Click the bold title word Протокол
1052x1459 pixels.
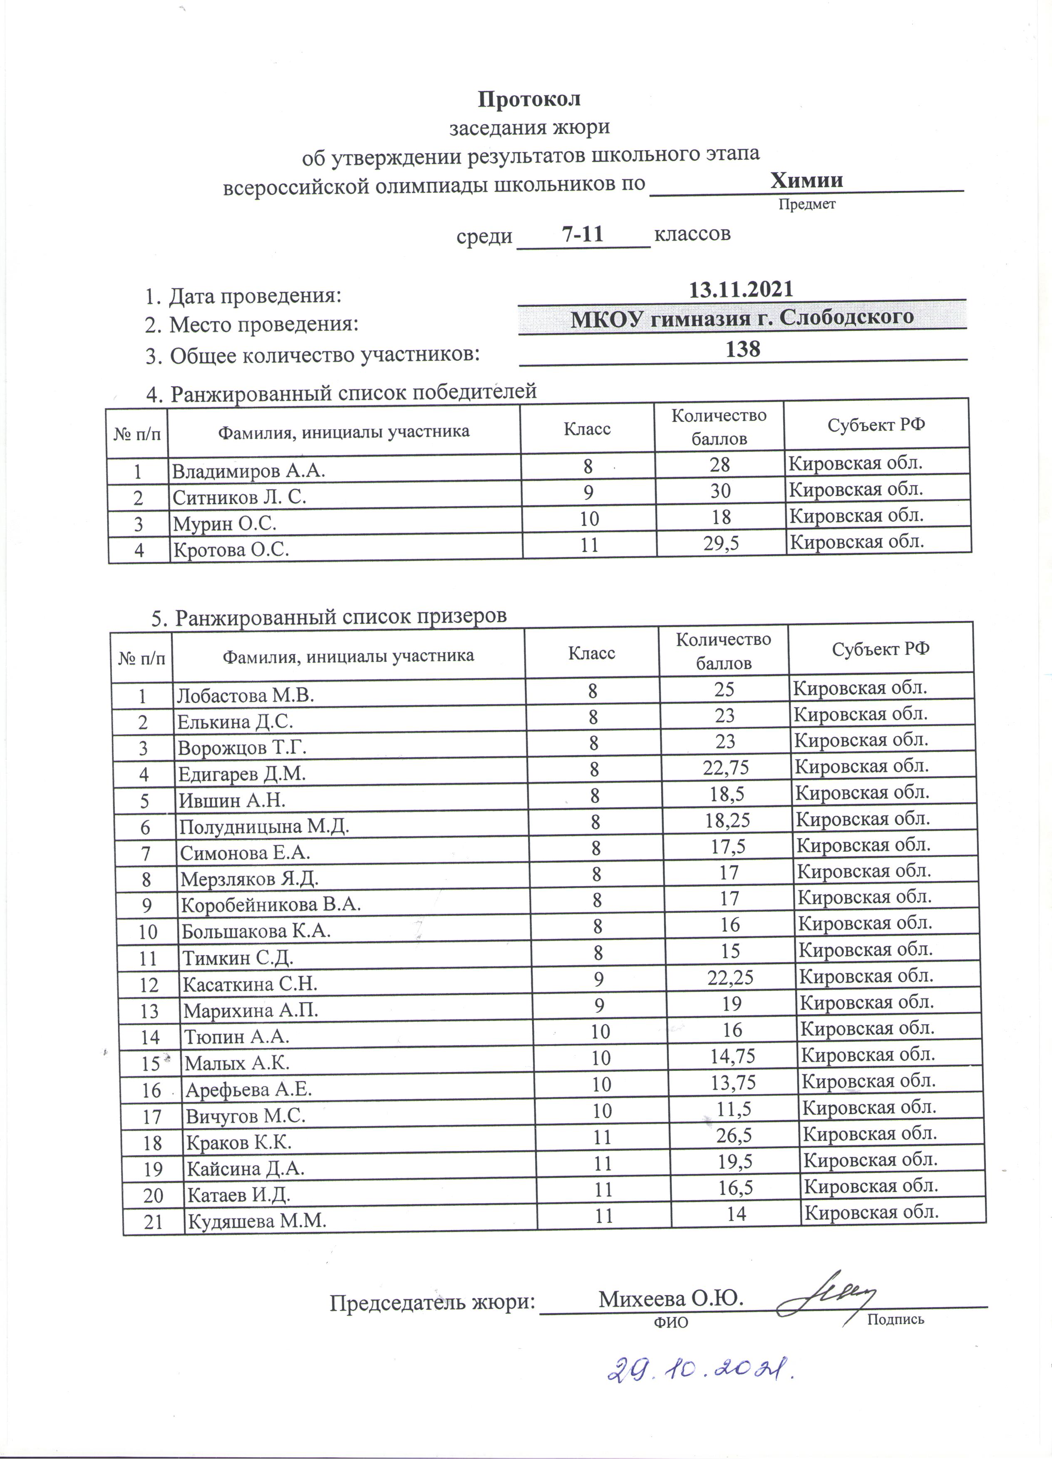coord(529,99)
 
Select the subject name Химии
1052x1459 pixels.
coord(807,180)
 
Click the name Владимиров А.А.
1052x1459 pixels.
coord(248,471)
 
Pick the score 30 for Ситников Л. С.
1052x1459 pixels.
coord(721,491)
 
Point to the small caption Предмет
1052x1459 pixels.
coord(807,205)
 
